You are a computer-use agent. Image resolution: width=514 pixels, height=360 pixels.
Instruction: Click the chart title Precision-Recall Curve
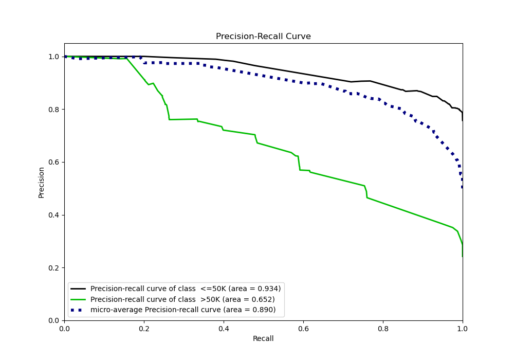point(263,37)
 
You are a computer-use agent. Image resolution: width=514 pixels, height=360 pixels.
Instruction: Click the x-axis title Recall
point(263,338)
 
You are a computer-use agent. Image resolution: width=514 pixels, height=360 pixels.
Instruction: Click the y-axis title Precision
point(41,182)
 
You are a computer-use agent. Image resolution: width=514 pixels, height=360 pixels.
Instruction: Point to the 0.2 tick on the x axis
point(144,328)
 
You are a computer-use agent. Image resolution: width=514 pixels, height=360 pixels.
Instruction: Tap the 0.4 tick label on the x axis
point(224,328)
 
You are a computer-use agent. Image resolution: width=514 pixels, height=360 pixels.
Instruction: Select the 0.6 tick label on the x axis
point(303,328)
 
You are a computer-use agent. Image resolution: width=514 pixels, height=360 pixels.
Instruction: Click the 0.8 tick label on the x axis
point(383,328)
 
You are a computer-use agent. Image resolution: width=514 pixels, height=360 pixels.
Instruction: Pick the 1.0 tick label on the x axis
point(463,328)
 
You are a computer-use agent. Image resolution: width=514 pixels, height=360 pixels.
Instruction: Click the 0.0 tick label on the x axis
point(64,328)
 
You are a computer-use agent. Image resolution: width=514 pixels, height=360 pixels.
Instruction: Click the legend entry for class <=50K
point(186,289)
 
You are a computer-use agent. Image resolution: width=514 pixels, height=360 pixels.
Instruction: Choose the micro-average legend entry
point(183,310)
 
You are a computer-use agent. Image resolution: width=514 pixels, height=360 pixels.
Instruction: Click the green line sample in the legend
point(79,299)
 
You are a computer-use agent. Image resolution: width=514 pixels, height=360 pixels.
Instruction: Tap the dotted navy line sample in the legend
point(79,310)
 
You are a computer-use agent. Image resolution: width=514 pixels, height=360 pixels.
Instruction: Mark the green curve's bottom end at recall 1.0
point(462,256)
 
